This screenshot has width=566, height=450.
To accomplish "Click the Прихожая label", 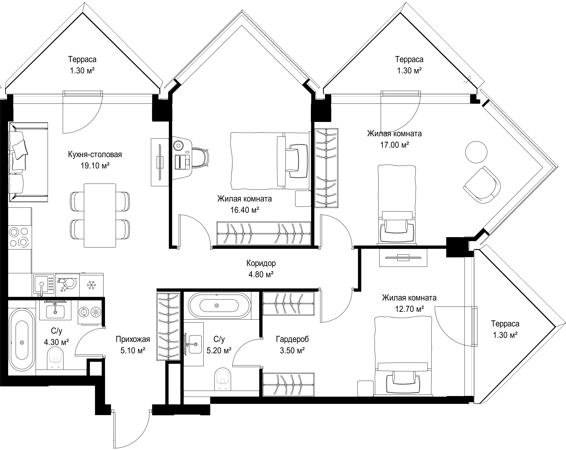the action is click(133, 339).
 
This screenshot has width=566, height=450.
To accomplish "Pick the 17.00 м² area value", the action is click(395, 145).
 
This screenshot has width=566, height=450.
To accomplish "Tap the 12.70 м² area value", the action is click(409, 309).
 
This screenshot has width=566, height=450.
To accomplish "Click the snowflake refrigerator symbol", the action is click(91, 285).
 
